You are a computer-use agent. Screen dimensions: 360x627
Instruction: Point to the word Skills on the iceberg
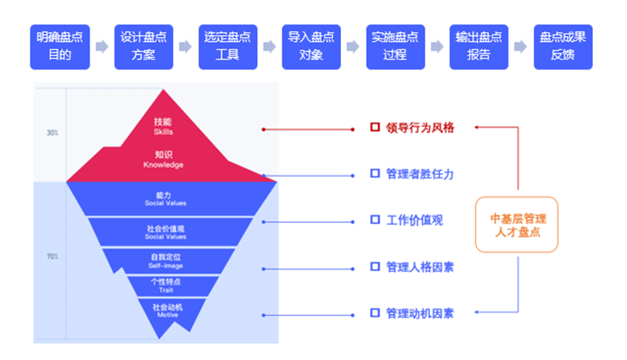(x=164, y=133)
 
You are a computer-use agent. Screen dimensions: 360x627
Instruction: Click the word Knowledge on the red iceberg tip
(x=164, y=165)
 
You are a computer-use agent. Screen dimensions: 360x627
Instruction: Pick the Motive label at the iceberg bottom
(x=167, y=315)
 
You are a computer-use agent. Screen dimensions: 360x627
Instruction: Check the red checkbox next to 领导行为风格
(x=375, y=127)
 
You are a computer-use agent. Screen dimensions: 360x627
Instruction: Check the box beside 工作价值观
(x=375, y=219)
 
